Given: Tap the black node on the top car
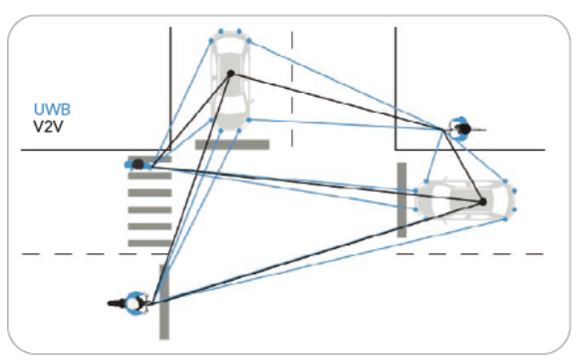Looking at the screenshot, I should coord(231,74).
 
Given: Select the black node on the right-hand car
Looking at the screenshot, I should coord(481,201).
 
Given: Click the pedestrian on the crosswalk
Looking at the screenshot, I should coord(138,163).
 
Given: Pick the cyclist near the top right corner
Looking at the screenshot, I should coord(460,127).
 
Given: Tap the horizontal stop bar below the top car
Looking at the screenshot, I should coord(232,145).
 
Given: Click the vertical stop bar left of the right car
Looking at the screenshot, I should coord(402,199).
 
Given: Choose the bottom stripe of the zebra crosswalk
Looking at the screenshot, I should coord(149,240).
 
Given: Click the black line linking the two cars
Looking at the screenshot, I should coord(356,138).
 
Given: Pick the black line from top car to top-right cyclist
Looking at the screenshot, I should coord(339,101).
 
